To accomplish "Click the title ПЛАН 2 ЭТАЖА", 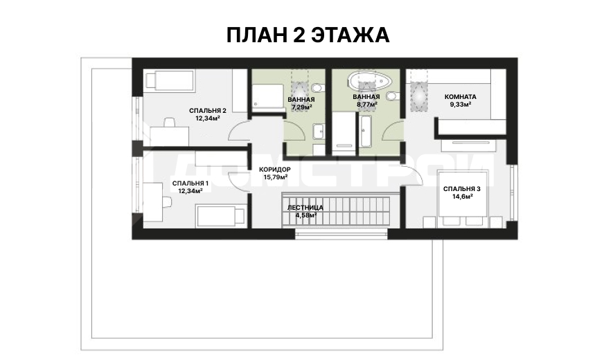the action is (x=308, y=35).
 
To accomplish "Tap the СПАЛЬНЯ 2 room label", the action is (x=207, y=111).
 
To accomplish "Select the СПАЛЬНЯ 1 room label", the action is (x=190, y=183).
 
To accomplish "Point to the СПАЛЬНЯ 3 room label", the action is (x=462, y=189).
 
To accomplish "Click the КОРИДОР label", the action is (x=275, y=170).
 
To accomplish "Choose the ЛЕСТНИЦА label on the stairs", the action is (x=305, y=208).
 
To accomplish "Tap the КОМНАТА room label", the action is (x=461, y=97).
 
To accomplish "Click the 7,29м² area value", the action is (x=301, y=107).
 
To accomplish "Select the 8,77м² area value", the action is (x=366, y=105).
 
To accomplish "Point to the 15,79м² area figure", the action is (x=276, y=177).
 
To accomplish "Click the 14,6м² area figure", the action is (x=463, y=197).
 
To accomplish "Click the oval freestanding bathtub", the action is (x=370, y=81).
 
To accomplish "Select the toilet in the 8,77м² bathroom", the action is (x=393, y=96).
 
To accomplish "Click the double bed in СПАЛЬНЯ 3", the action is (x=463, y=194).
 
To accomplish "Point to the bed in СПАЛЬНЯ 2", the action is (x=170, y=81).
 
